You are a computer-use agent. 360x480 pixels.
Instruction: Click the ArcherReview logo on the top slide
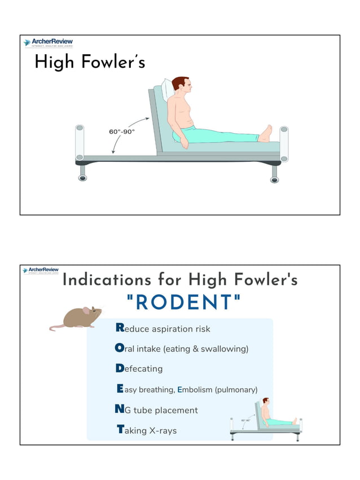(x=48, y=43)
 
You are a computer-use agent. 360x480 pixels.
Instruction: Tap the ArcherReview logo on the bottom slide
(x=40, y=271)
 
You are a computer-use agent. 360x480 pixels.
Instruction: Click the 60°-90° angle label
(x=122, y=131)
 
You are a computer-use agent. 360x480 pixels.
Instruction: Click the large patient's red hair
(x=180, y=82)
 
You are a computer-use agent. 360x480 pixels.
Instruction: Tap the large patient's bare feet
(x=265, y=134)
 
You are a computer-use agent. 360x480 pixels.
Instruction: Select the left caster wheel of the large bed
(x=83, y=178)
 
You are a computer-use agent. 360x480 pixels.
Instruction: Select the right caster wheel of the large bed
(x=274, y=179)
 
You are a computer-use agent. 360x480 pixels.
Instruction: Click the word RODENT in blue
(x=184, y=303)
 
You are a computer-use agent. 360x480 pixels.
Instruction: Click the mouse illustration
(x=82, y=318)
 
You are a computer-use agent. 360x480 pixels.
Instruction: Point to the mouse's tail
(x=57, y=327)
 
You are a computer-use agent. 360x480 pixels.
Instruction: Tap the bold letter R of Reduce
(x=120, y=328)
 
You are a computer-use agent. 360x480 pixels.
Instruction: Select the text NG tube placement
(x=156, y=410)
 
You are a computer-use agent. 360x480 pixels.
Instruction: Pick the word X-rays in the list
(x=163, y=431)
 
